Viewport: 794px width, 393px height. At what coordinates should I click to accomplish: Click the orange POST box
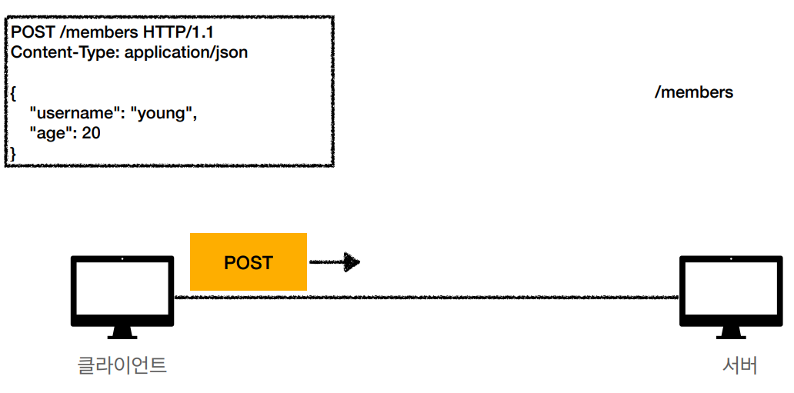click(x=248, y=262)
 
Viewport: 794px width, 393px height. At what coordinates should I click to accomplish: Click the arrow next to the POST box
click(x=335, y=262)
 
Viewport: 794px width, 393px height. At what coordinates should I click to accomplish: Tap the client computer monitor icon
click(x=122, y=291)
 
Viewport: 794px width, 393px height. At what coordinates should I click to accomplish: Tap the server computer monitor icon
click(x=730, y=291)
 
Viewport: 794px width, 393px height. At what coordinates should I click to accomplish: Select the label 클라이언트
click(x=122, y=364)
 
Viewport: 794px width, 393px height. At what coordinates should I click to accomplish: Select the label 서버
click(x=739, y=364)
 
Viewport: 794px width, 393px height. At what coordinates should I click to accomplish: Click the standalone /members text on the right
click(x=693, y=92)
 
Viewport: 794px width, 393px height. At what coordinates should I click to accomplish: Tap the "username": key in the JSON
click(x=76, y=114)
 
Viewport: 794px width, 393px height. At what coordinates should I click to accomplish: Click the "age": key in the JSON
click(x=53, y=133)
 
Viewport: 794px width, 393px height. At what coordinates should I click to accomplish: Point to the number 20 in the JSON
click(x=91, y=133)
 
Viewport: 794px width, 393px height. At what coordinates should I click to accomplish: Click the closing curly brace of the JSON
click(x=12, y=154)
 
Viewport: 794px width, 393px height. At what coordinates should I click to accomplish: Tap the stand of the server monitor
click(x=730, y=332)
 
